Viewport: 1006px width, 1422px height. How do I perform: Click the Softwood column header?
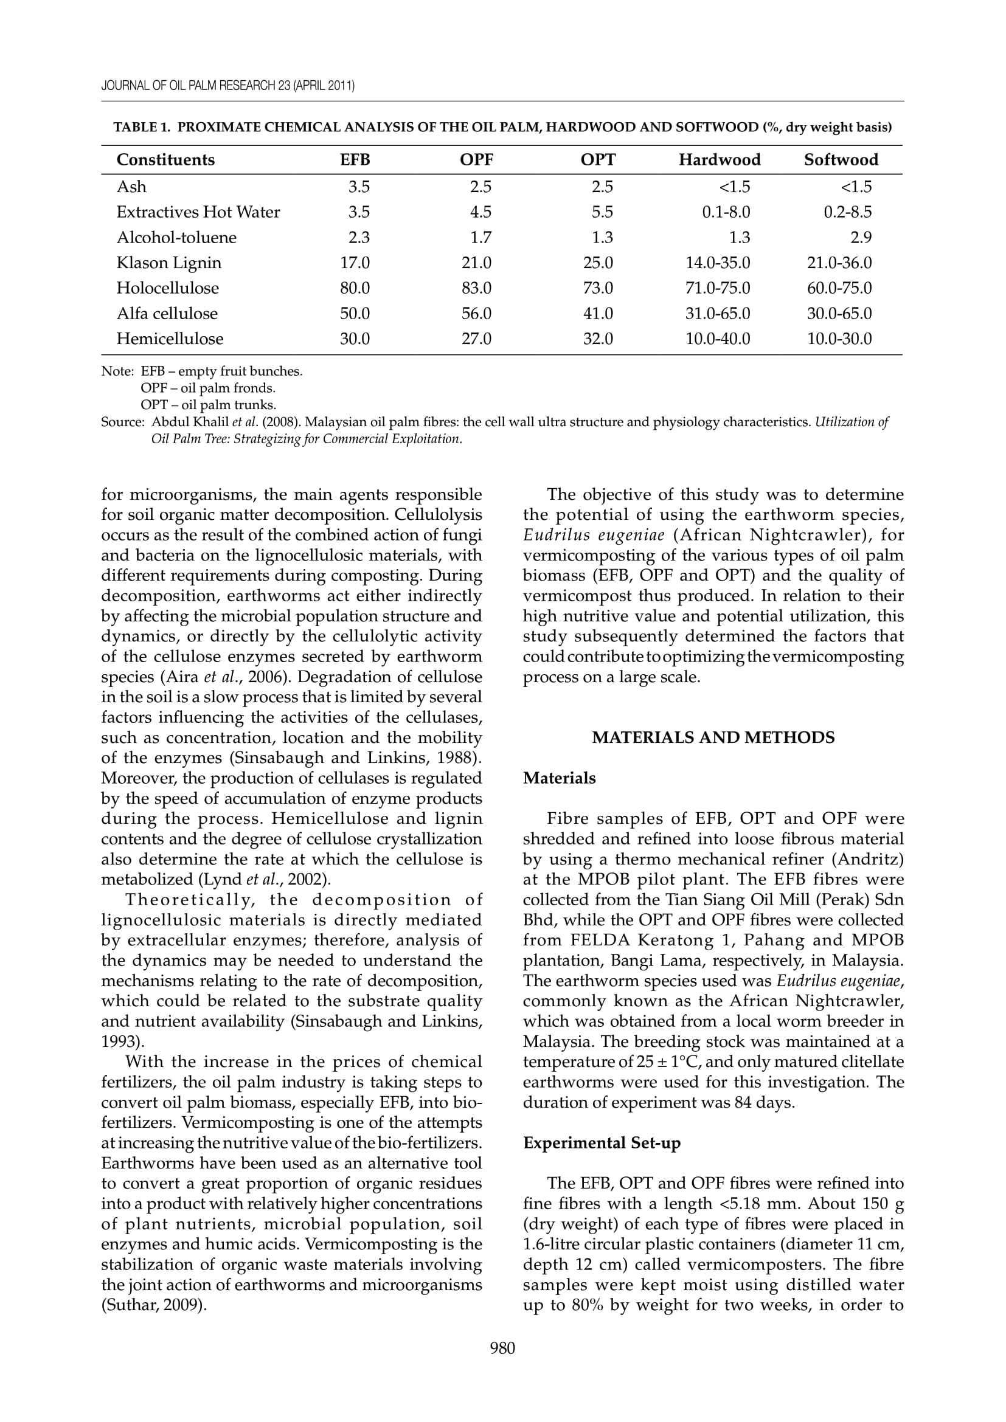click(841, 160)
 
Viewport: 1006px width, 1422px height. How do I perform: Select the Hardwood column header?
click(719, 160)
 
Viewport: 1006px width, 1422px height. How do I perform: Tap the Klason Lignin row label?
click(168, 263)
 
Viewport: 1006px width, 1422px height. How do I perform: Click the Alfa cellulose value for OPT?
click(598, 313)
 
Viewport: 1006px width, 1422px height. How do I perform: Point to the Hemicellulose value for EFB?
click(355, 339)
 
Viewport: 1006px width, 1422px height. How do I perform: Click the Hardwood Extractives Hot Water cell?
click(726, 212)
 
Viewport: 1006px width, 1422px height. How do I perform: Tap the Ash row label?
click(131, 187)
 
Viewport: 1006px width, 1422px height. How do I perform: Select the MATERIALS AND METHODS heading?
click(713, 737)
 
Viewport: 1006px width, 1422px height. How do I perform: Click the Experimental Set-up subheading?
click(602, 1143)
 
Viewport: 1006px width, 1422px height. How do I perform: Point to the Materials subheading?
click(559, 778)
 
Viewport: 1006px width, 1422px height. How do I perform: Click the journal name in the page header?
click(228, 86)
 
